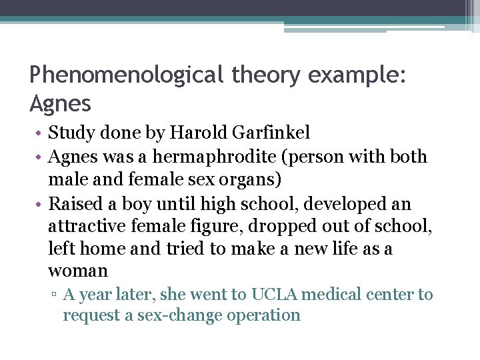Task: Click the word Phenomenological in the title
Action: pyautogui.click(x=127, y=75)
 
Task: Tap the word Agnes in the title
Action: pyautogui.click(x=61, y=103)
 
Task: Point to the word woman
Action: pyautogui.click(x=78, y=271)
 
